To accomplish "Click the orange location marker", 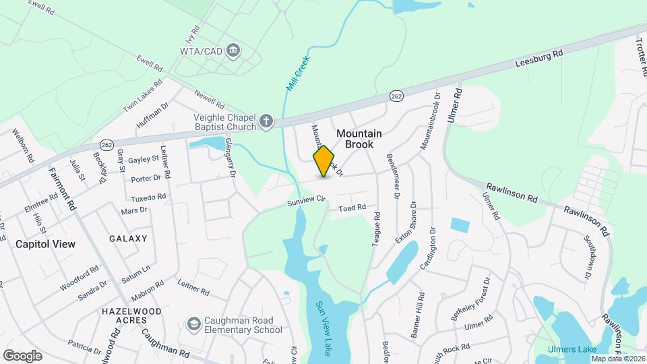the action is pos(324,161).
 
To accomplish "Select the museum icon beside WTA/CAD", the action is pos(233,49).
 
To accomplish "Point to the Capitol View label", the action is pos(45,244).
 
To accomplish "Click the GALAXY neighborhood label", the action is pos(128,239).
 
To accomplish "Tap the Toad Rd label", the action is pos(352,208).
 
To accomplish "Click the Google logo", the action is pos(22,355).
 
